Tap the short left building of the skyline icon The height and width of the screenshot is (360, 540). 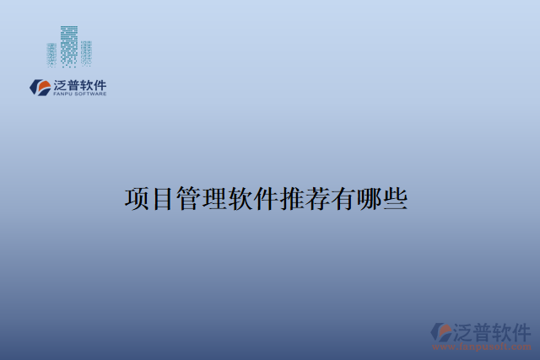(53, 54)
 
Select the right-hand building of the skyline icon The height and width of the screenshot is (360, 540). (86, 52)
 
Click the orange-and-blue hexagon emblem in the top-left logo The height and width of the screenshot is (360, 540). (40, 86)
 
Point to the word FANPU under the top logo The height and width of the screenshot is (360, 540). (62, 94)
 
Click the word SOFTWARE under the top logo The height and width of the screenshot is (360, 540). (90, 94)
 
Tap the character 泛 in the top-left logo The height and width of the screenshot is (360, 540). (60, 84)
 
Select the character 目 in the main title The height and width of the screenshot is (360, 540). (165, 199)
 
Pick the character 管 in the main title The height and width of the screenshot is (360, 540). (194, 199)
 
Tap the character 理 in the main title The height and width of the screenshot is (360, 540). (223, 199)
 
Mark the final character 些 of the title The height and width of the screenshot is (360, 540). (424, 199)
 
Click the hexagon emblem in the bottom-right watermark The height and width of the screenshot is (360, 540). (442, 331)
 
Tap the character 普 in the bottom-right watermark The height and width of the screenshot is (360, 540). (489, 331)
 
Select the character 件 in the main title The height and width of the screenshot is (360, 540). (280, 199)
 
